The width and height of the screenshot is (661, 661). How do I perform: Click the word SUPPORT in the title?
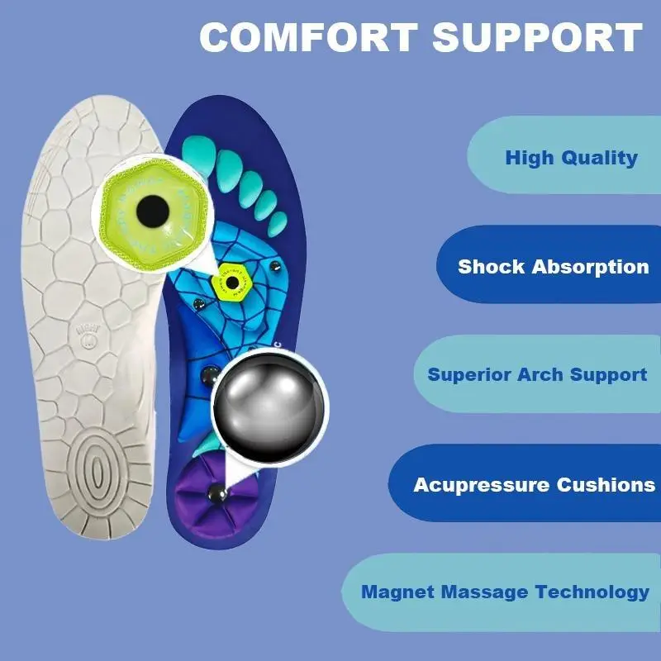(x=538, y=39)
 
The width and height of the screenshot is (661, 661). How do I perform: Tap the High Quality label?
(x=571, y=157)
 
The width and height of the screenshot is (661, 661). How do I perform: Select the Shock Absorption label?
(x=553, y=267)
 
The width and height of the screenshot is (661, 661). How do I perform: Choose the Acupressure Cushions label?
(x=534, y=485)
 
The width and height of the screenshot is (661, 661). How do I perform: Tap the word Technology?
(x=592, y=592)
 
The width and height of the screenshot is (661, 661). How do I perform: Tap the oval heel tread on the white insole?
(x=97, y=472)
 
